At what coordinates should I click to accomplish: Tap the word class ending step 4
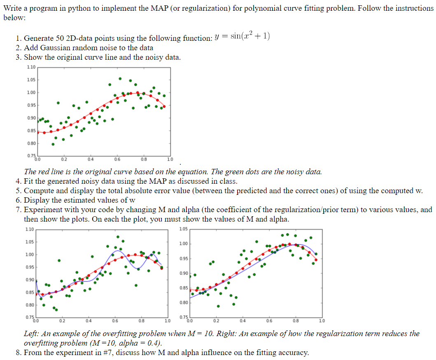227,181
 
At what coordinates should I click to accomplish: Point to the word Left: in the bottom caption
32,334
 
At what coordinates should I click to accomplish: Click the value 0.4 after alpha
155,343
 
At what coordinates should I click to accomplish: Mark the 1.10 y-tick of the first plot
30,67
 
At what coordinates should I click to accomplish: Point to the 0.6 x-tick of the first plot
117,159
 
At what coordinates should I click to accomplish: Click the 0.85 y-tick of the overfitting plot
30,292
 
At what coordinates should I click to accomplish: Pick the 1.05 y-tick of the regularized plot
184,229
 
